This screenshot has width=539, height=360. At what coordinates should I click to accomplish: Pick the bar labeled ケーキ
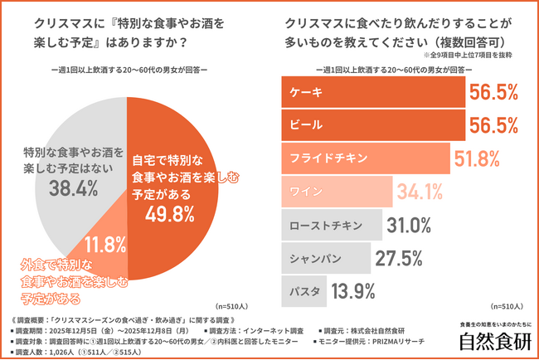point(374,94)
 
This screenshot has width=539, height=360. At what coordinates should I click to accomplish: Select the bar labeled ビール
point(374,126)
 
